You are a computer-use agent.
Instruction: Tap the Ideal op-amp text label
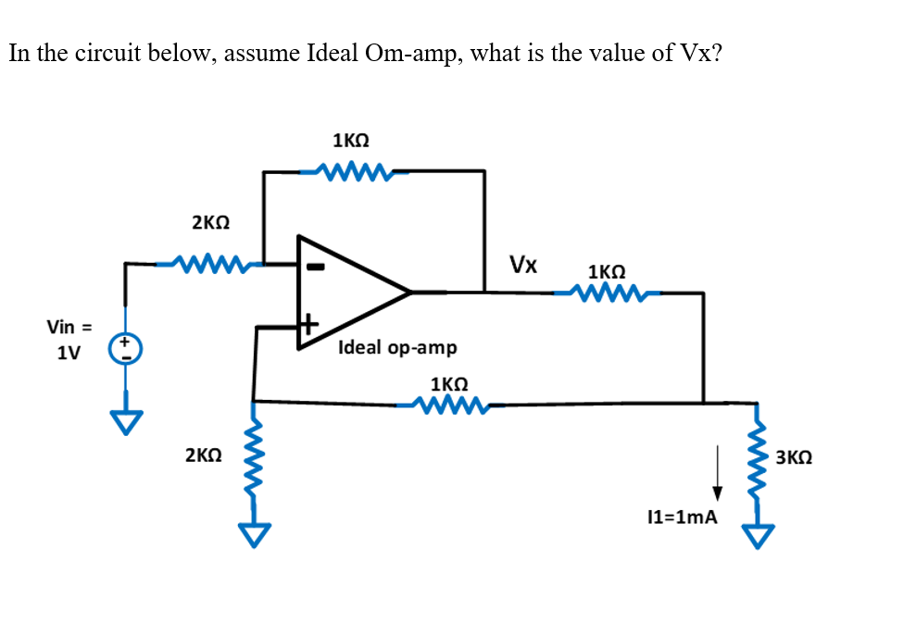(397, 348)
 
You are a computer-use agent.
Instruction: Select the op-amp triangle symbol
(352, 293)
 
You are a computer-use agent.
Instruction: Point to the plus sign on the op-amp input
(308, 325)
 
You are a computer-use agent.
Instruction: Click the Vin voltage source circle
(125, 349)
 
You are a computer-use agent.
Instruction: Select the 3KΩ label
(795, 457)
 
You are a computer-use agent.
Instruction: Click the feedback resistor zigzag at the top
(350, 170)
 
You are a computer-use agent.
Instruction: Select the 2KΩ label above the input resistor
(210, 223)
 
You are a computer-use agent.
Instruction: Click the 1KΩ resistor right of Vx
(606, 294)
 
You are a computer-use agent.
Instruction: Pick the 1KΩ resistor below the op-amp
(449, 405)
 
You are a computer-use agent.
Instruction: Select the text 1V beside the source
(68, 354)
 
